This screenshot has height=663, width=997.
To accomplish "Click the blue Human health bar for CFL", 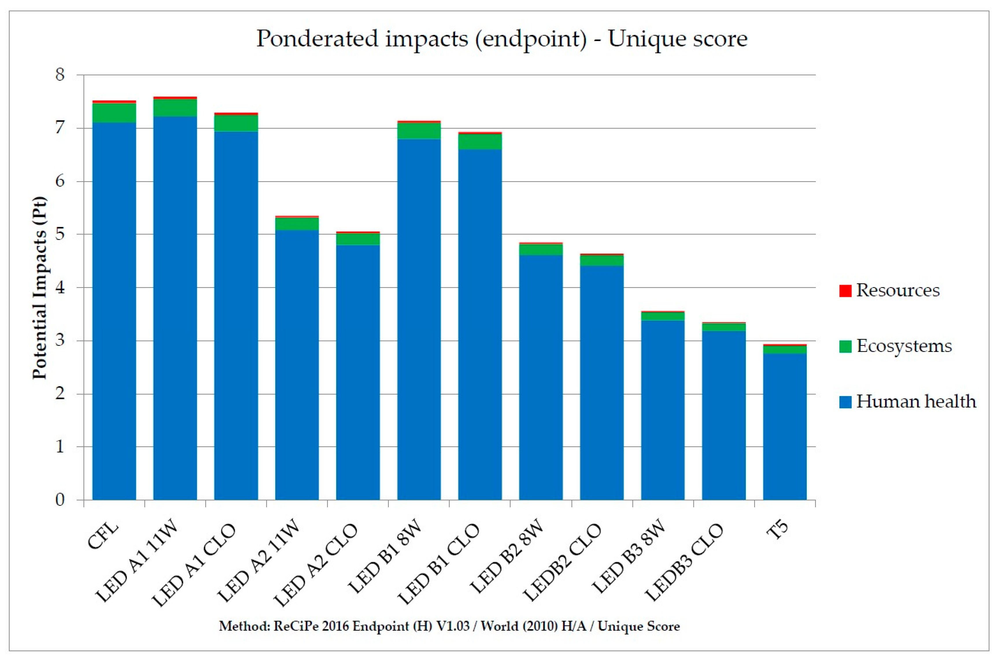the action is [114, 311].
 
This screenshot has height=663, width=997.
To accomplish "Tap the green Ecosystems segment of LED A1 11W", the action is [175, 108].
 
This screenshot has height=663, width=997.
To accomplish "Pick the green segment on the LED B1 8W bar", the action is [419, 131].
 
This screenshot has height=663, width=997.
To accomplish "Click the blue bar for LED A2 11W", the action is [297, 365].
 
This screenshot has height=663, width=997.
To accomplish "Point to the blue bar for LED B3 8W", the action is [663, 410].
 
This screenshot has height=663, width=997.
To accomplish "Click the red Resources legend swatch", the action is [845, 291].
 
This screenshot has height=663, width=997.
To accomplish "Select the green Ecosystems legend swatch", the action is [845, 347].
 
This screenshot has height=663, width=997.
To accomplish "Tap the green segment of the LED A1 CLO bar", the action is [236, 123].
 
